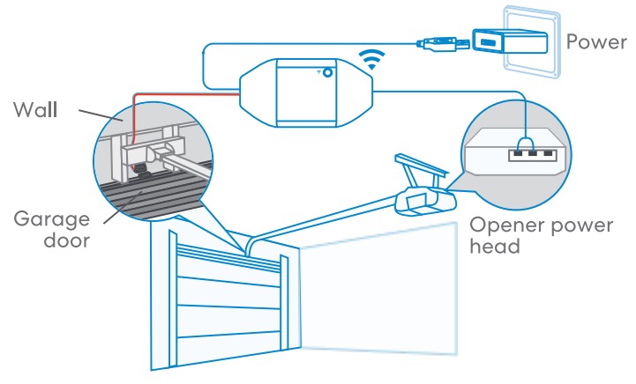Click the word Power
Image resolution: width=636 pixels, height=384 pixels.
(x=596, y=41)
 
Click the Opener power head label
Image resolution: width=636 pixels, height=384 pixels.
(x=540, y=236)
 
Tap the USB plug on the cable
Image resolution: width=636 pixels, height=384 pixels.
(x=438, y=41)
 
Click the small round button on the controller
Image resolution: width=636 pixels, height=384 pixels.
(x=327, y=74)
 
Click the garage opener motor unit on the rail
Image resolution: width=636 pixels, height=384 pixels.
(x=423, y=200)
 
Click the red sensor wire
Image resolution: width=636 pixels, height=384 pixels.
(x=176, y=92)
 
